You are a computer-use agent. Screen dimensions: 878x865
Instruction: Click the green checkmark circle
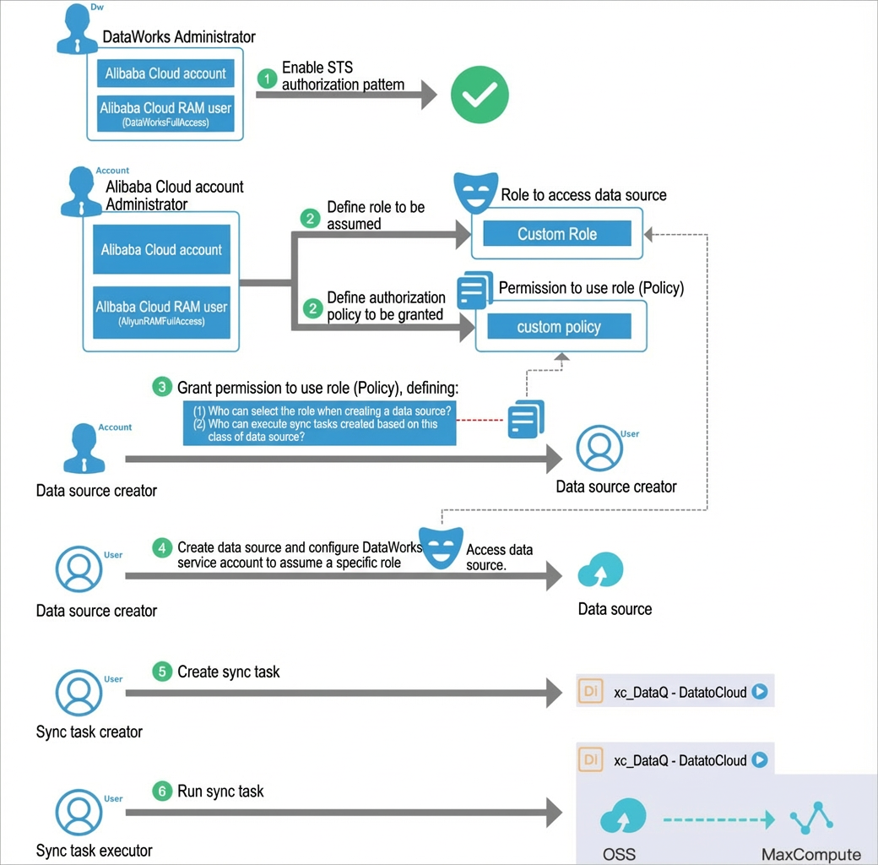pyautogui.click(x=480, y=95)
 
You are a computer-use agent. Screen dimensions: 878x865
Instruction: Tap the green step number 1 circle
pyautogui.click(x=267, y=79)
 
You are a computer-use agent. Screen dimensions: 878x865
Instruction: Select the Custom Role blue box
pyautogui.click(x=557, y=233)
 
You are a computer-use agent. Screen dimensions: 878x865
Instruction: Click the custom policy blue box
pyautogui.click(x=559, y=326)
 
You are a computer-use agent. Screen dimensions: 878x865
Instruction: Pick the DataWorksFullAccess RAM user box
pyautogui.click(x=165, y=114)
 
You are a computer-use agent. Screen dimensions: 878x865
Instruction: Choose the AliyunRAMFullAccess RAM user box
pyautogui.click(x=161, y=313)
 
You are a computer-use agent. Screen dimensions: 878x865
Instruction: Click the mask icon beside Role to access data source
pyautogui.click(x=476, y=193)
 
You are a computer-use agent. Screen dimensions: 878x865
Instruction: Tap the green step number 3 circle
pyautogui.click(x=162, y=387)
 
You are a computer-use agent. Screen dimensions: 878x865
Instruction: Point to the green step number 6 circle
pyautogui.click(x=162, y=791)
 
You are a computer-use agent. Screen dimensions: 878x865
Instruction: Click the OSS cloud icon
pyautogui.click(x=623, y=816)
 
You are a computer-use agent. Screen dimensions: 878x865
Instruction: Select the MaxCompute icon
pyautogui.click(x=811, y=818)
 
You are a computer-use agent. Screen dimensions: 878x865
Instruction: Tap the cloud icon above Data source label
pyautogui.click(x=601, y=569)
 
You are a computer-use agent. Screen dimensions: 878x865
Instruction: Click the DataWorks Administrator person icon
pyautogui.click(x=78, y=29)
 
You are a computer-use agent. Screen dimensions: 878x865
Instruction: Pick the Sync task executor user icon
pyautogui.click(x=79, y=813)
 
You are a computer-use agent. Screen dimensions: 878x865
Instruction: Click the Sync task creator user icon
pyautogui.click(x=79, y=693)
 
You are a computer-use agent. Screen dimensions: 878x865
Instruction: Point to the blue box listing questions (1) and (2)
pyautogui.click(x=319, y=423)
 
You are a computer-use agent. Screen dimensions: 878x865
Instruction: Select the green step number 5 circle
pyautogui.click(x=162, y=672)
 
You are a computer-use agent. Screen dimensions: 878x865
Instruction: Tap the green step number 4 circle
pyautogui.click(x=162, y=547)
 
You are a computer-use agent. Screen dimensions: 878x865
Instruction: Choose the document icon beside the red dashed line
pyautogui.click(x=526, y=419)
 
